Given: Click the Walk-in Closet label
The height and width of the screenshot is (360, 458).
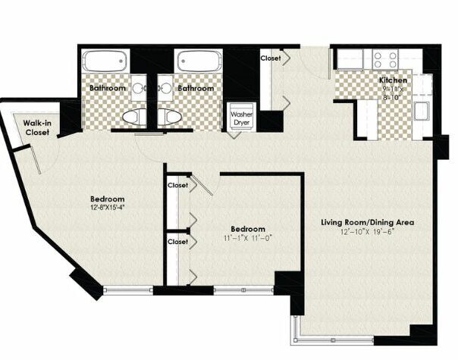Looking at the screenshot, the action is click(37, 127).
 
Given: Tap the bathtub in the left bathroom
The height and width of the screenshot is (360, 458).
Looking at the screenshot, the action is click(105, 61).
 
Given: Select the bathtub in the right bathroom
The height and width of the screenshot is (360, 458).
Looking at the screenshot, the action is click(199, 61).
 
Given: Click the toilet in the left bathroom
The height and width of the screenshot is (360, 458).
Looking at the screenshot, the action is click(134, 117).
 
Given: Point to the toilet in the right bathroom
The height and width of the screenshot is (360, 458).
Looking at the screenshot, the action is click(170, 117).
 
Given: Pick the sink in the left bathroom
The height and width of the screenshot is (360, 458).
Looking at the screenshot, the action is click(139, 88).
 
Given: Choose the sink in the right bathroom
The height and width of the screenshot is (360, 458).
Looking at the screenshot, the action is click(165, 88).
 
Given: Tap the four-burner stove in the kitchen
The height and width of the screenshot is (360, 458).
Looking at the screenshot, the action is click(385, 60).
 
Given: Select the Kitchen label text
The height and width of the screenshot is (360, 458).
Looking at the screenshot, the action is click(393, 80).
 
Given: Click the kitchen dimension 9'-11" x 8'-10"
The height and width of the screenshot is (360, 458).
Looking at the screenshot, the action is click(393, 93).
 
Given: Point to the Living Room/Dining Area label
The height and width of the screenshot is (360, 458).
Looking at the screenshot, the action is click(368, 223).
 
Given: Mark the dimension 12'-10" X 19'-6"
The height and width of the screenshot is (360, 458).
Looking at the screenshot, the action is click(368, 232).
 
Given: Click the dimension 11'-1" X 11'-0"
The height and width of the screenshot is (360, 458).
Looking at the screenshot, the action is click(248, 238).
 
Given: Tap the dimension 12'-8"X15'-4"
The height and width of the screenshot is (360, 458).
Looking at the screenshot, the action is click(108, 208).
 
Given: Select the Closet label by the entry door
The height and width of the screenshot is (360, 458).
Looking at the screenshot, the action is click(271, 58).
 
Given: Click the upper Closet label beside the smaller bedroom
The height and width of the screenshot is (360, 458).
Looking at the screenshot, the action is click(177, 185).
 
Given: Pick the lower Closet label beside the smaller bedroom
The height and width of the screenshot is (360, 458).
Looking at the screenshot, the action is click(177, 242).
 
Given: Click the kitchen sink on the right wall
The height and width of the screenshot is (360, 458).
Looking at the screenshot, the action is click(421, 111).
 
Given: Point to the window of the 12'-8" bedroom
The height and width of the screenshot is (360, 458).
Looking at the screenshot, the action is click(128, 290).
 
